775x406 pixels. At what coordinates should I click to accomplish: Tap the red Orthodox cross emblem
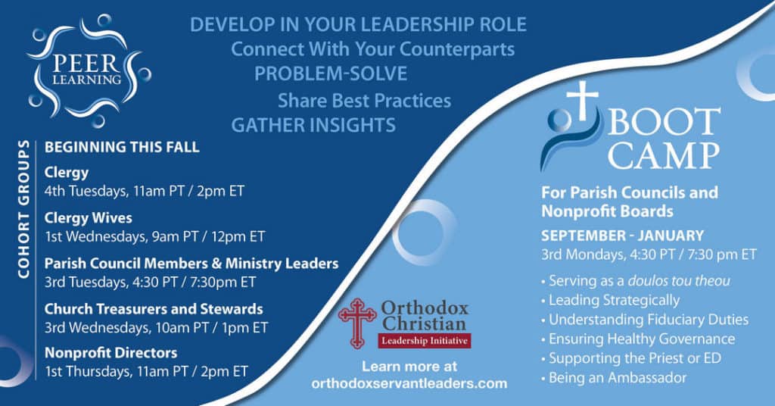(x=357, y=323)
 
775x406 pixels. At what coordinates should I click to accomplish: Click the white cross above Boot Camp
(x=582, y=100)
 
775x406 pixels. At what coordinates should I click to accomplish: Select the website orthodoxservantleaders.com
(x=409, y=383)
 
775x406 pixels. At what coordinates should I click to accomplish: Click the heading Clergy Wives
(x=88, y=218)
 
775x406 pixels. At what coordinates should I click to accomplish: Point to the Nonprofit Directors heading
(x=110, y=352)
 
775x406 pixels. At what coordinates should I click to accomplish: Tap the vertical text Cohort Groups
(x=23, y=209)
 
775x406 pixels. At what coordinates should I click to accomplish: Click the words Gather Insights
(x=313, y=125)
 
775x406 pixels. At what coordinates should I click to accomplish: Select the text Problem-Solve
(x=331, y=73)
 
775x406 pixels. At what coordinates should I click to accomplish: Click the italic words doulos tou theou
(x=679, y=281)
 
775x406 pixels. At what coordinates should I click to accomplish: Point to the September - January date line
(x=622, y=236)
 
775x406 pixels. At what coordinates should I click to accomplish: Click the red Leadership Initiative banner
(x=425, y=341)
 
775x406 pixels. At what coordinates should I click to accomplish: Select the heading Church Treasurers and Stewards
(x=154, y=309)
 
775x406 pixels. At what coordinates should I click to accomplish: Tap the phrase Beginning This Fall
(x=122, y=147)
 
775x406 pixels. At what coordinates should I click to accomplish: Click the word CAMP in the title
(x=663, y=155)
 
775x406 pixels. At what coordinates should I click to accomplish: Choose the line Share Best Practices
(x=364, y=101)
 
